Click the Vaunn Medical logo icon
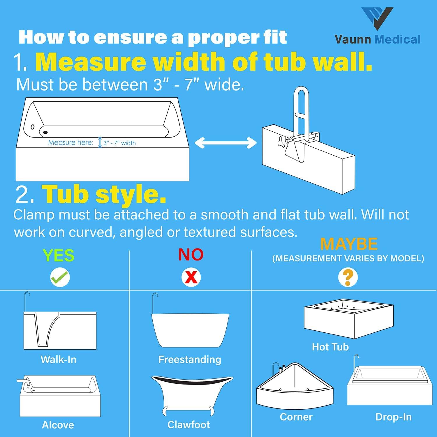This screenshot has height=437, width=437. click(377, 18)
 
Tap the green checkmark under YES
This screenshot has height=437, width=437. click(60, 277)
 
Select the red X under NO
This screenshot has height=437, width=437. click(191, 277)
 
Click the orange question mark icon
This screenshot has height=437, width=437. click(348, 277)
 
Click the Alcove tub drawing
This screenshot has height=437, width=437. click(60, 396)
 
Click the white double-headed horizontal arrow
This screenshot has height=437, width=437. click(225, 143)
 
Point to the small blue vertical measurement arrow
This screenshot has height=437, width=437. click(100, 142)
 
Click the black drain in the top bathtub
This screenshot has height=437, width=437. click(45, 133)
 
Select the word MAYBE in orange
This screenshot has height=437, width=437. click(349, 244)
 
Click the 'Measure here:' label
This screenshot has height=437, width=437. click(71, 142)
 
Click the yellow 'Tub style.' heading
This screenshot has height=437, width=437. click(104, 194)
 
